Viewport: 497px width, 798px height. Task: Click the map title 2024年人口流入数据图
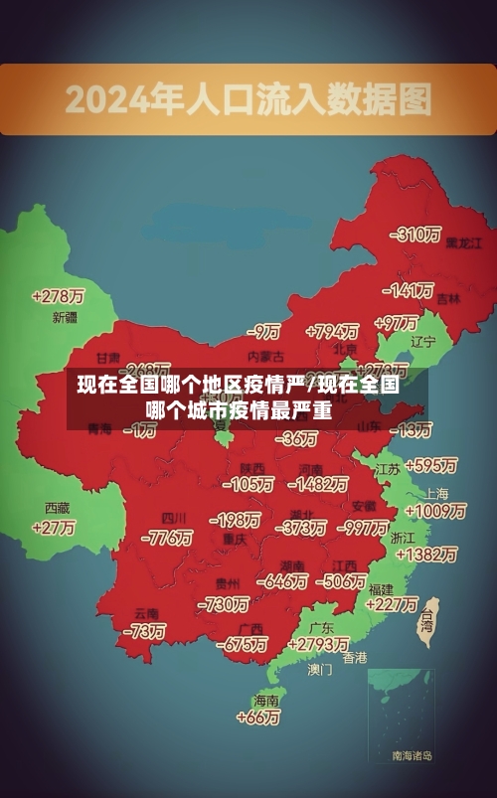point(248,99)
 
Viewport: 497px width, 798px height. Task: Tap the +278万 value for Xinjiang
point(58,296)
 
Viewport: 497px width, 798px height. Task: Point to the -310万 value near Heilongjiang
point(415,235)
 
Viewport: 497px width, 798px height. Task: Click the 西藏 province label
point(57,508)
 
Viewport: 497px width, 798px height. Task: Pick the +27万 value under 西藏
point(54,528)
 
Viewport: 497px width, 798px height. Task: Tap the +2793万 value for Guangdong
point(315,645)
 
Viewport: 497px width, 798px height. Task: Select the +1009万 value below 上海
point(435,512)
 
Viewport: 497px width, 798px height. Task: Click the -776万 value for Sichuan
point(167,538)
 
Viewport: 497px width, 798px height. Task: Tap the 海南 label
point(266,700)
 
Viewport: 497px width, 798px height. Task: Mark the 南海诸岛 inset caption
point(413,756)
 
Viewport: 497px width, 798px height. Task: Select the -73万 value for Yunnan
point(144,631)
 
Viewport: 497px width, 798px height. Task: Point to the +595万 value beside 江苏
point(430,465)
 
